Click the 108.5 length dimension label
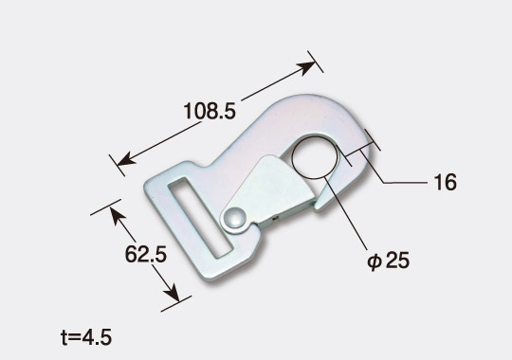coord(210,111)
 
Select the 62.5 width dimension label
coord(146,254)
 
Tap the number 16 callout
coord(446,183)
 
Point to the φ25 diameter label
coord(388,261)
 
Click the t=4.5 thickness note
coord(86,337)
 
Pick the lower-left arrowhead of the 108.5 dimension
coord(126,159)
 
